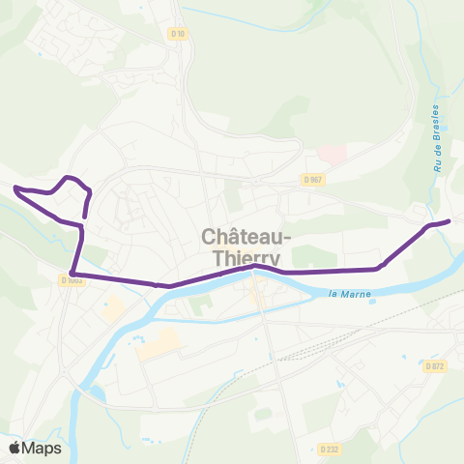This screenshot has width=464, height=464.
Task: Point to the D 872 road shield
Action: (435, 365)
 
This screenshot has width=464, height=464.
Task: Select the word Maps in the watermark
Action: (43, 448)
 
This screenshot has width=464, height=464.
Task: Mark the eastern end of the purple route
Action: (449, 221)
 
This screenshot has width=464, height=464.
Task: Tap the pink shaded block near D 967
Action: (332, 154)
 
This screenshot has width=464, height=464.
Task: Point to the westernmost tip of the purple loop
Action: (15, 187)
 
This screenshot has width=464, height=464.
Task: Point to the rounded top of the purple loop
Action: (70, 178)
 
